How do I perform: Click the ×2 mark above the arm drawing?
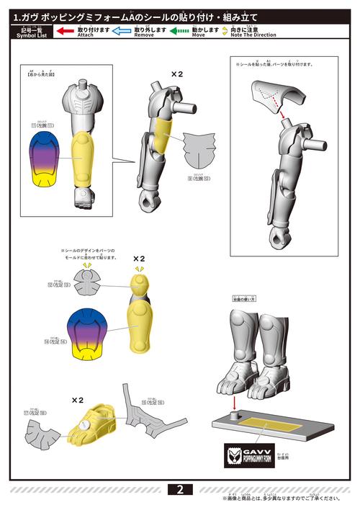177,74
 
